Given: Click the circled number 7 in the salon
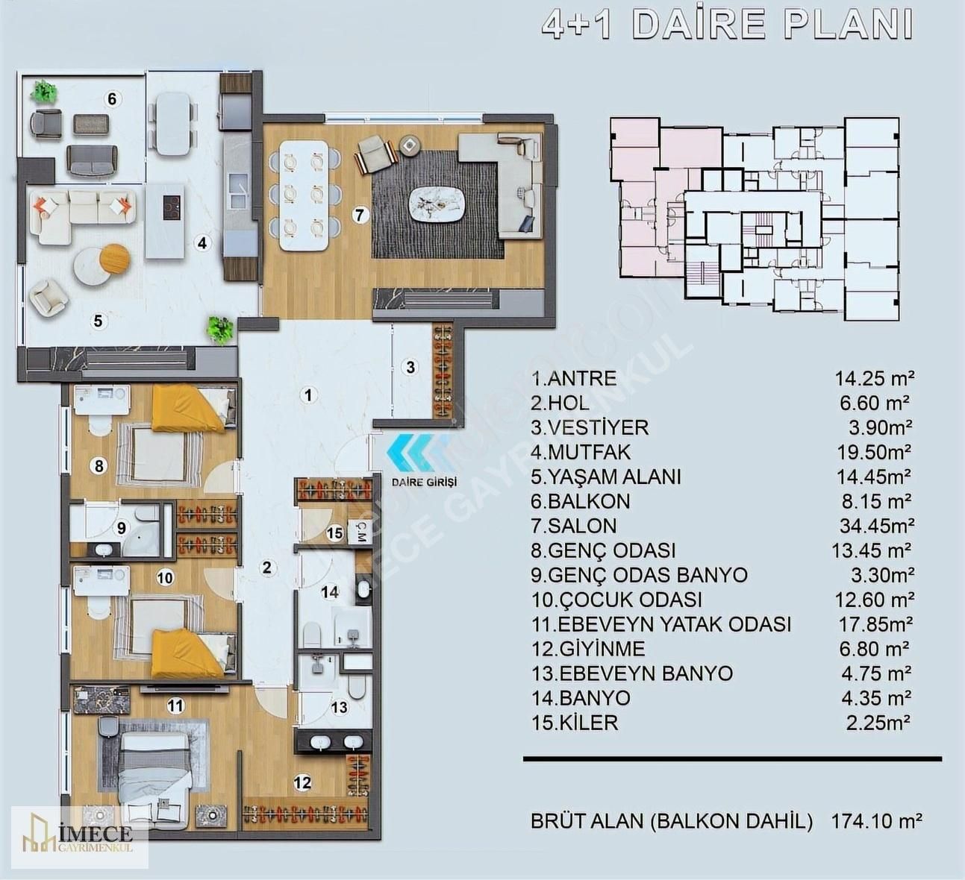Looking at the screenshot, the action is tap(359, 215).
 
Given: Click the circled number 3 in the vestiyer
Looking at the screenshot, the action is tap(410, 368).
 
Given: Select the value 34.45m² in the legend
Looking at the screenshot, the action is tap(876, 526).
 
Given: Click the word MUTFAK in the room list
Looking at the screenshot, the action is tap(590, 452).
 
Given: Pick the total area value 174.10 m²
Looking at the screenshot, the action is tap(876, 821).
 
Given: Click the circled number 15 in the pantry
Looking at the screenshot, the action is tap(335, 532).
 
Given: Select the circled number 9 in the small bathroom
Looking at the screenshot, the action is tap(122, 528).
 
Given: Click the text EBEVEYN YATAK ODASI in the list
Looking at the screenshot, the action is tap(675, 624).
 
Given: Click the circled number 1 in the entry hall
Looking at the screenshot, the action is tap(308, 395).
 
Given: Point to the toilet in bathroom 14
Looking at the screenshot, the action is tap(313, 634).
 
